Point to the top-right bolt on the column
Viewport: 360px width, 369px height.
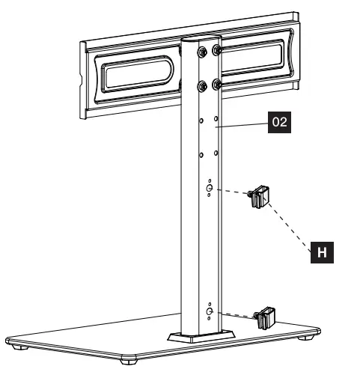click(x=216, y=50)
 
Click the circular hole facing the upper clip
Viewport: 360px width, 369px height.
click(x=209, y=189)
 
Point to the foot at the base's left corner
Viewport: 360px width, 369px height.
click(x=21, y=345)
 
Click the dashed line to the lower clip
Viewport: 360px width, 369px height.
click(x=235, y=315)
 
